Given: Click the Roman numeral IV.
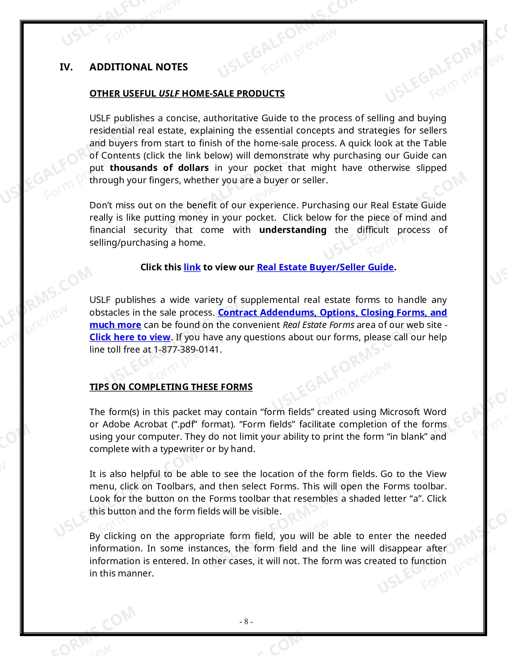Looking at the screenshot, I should pyautogui.click(x=66, y=67).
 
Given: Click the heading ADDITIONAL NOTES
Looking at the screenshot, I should pyautogui.click(x=138, y=67).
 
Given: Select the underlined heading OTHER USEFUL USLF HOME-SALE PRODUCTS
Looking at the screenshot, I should pyautogui.click(x=187, y=94).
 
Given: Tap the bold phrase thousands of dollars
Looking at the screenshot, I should pyautogui.click(x=159, y=168).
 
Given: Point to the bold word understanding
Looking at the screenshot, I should pyautogui.click(x=293, y=230).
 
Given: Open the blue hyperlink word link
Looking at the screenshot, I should pyautogui.click(x=192, y=267).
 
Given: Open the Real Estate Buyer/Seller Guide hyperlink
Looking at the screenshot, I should pyautogui.click(x=325, y=267).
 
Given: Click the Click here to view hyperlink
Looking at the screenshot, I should pyautogui.click(x=130, y=337).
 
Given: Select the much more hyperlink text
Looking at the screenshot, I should pyautogui.click(x=115, y=325).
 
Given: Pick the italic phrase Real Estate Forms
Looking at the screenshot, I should pyautogui.click(x=318, y=325).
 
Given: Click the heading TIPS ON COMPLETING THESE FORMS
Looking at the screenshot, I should pyautogui.click(x=171, y=387).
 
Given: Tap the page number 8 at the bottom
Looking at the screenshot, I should pyautogui.click(x=246, y=621).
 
